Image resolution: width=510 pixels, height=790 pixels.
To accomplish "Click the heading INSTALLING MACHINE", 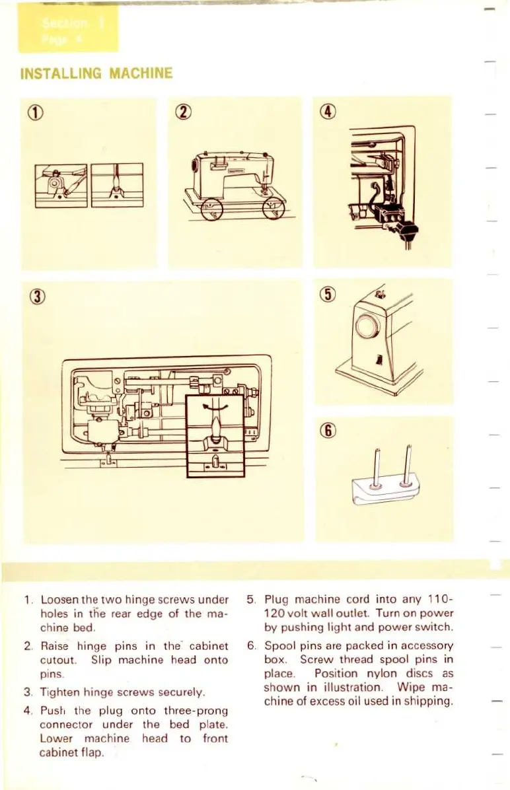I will (96, 73).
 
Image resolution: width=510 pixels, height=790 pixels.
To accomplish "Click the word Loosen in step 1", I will (59, 600).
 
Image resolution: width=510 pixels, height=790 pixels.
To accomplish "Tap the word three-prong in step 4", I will (195, 711).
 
